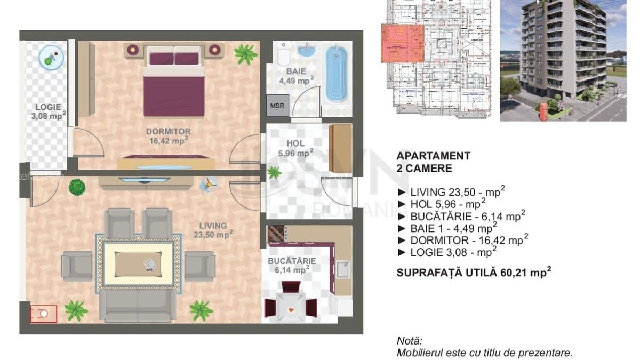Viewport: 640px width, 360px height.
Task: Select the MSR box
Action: (277, 106)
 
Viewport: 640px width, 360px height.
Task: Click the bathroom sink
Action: (306, 52)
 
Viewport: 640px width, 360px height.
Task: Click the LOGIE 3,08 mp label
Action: (49, 111)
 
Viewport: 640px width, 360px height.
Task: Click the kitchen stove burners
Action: (277, 233)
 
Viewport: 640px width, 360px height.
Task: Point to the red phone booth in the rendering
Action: (543, 111)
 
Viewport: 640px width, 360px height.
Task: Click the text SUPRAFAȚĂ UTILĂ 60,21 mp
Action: (474, 273)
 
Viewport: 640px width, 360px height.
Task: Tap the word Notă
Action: (409, 340)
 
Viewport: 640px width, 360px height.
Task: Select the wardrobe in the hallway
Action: (340, 148)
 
